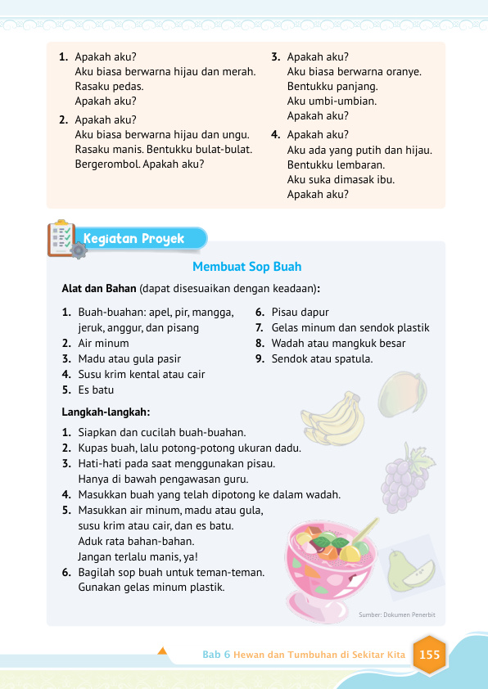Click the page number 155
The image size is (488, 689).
pos(429,655)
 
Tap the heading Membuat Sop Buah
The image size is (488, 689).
pos(246,267)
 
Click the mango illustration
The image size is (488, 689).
pos(401,394)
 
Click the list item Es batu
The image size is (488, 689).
pos(96,390)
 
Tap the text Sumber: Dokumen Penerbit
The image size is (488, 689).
pos(397,614)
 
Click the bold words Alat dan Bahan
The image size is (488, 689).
pos(98,289)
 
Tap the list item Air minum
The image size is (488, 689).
pos(103,343)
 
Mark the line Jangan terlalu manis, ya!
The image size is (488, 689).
pos(140,556)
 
